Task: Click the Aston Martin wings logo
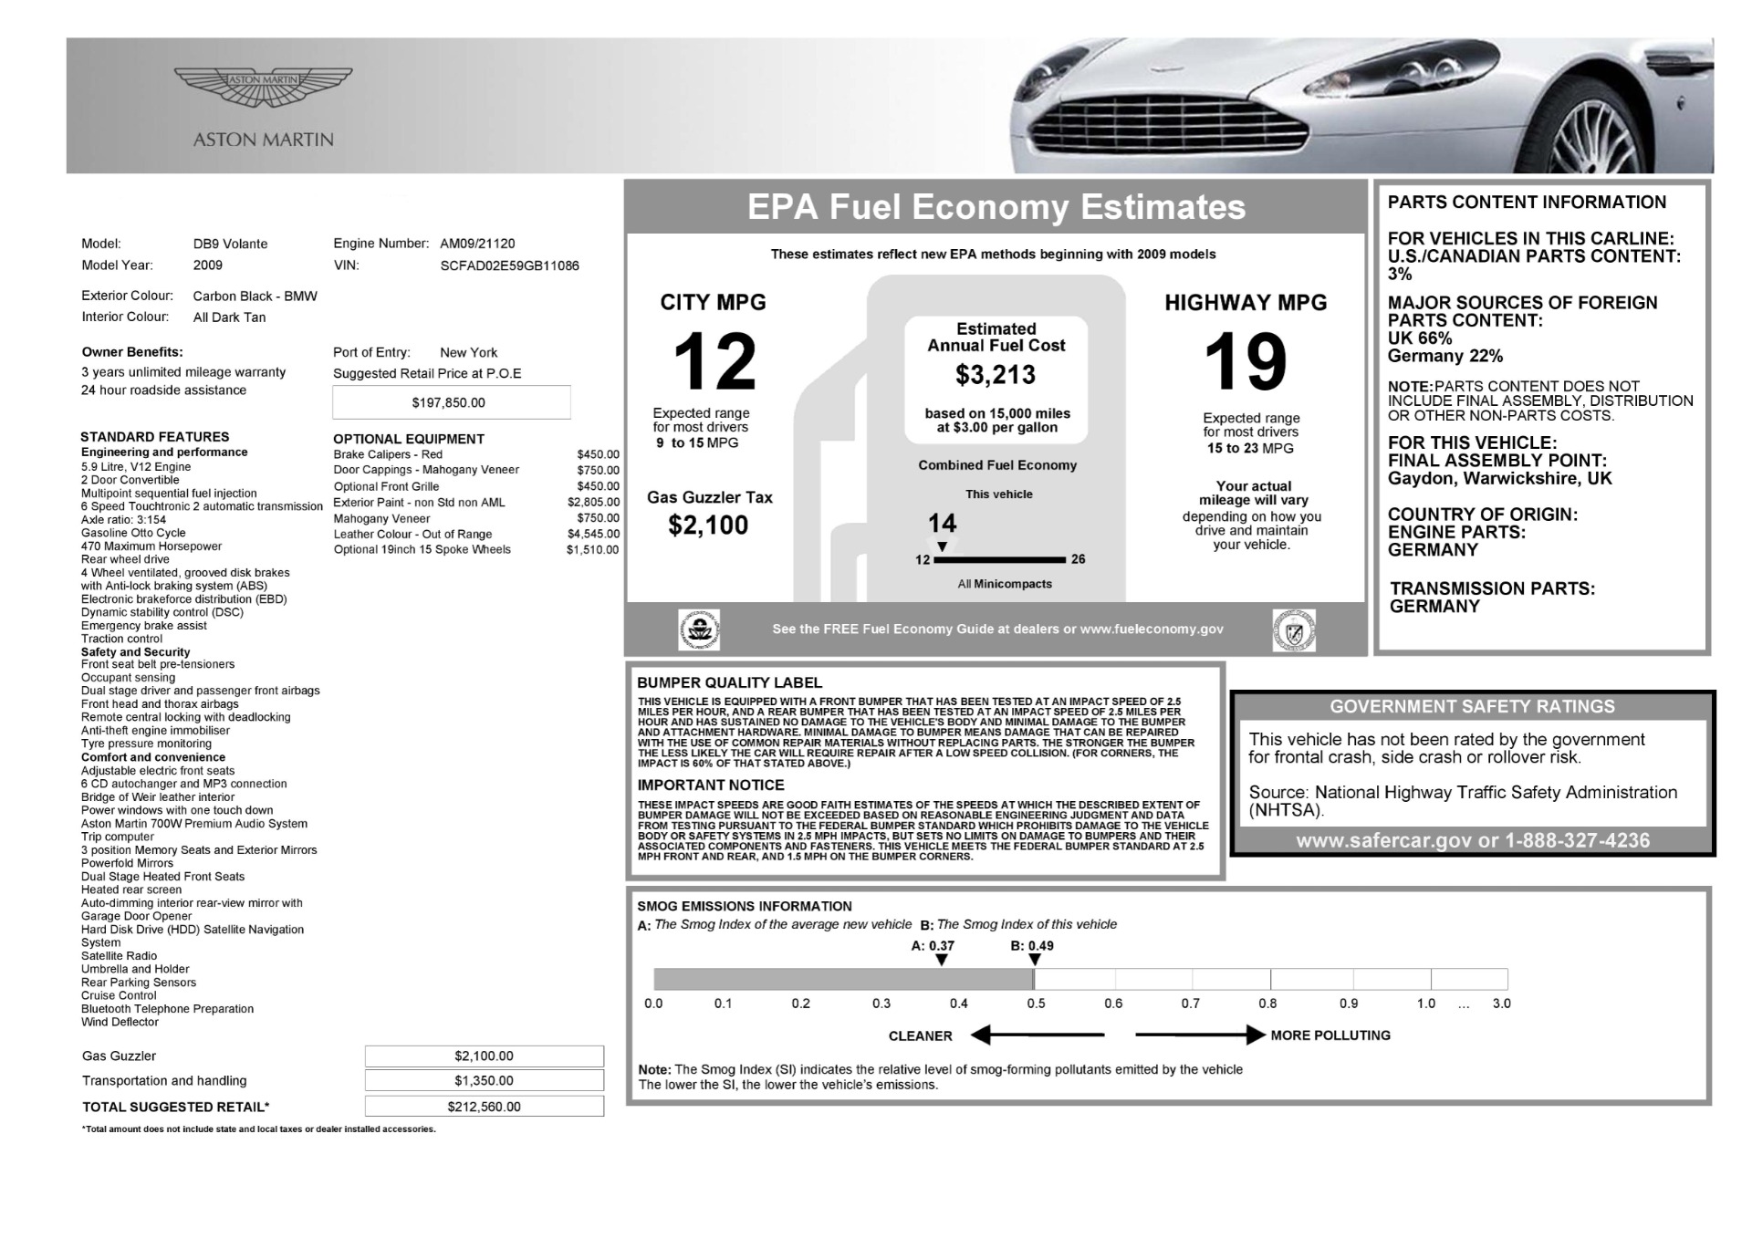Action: pos(263,87)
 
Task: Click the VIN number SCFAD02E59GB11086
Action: pos(509,265)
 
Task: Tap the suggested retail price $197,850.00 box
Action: pos(451,402)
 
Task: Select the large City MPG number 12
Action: pos(714,361)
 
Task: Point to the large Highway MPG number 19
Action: pos(1246,362)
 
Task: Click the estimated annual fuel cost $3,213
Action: pos(996,375)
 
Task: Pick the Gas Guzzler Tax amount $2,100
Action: pos(708,525)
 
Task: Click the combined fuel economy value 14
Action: pos(942,524)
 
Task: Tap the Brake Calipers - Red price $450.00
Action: pos(598,454)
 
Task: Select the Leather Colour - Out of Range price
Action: pos(593,534)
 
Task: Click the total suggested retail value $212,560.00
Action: pos(484,1107)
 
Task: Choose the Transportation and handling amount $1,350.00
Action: pos(484,1081)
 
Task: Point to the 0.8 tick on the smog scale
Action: pos(1268,1004)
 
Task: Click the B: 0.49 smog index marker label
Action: pos(1032,946)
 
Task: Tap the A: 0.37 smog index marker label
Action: pos(933,946)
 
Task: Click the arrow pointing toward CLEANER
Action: pos(1038,1035)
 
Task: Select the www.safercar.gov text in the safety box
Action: pos(1384,841)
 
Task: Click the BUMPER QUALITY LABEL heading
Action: pos(729,682)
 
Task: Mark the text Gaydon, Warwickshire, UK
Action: pos(1499,478)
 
